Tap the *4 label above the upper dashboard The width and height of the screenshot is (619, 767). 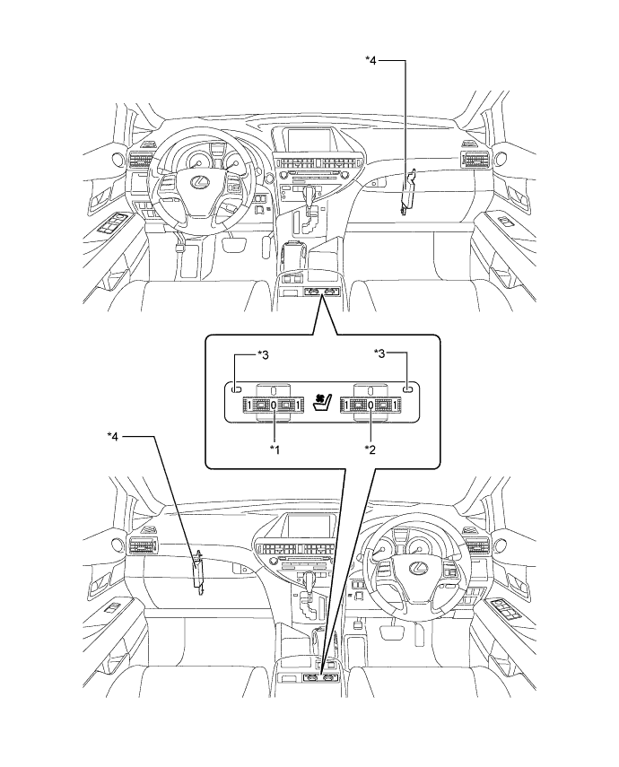[373, 61]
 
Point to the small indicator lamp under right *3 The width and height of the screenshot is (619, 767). [406, 390]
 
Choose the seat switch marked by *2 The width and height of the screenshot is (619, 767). [370, 405]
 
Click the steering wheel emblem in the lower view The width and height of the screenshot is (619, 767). [416, 568]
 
